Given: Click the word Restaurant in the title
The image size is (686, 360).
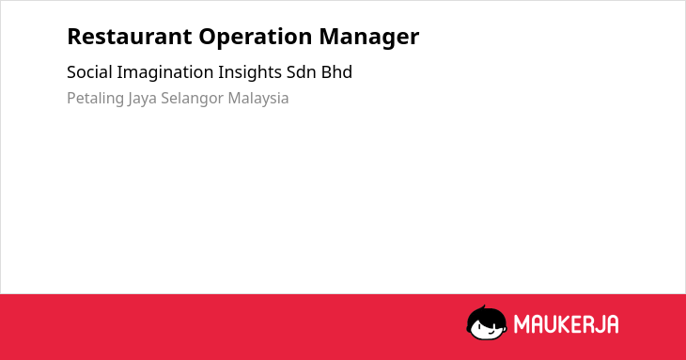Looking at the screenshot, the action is [x=130, y=37].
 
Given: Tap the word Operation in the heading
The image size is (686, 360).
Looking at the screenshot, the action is [x=256, y=38].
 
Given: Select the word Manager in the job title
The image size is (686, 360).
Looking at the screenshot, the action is [x=368, y=38].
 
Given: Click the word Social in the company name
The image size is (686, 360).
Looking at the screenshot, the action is [x=89, y=72].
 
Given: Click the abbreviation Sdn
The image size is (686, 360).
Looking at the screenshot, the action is [x=302, y=72].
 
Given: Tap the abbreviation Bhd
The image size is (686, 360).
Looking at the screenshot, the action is [x=336, y=72].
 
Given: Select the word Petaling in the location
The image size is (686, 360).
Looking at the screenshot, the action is [x=95, y=99].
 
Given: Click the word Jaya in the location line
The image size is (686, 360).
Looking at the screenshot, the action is [x=142, y=99].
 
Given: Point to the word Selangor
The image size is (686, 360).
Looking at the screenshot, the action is [x=192, y=99].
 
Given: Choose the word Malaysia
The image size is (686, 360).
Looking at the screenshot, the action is [x=258, y=99].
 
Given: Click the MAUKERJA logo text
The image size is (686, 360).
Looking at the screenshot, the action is [x=566, y=324].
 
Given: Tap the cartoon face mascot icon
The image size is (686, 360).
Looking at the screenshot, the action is [x=487, y=322].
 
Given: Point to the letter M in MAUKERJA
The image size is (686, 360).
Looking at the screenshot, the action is [x=522, y=324].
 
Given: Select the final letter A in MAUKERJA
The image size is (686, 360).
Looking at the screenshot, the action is [x=613, y=324].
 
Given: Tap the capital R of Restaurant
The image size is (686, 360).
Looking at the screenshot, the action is [x=75, y=37].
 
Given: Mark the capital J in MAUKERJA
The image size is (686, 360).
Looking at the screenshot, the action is [x=600, y=324].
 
